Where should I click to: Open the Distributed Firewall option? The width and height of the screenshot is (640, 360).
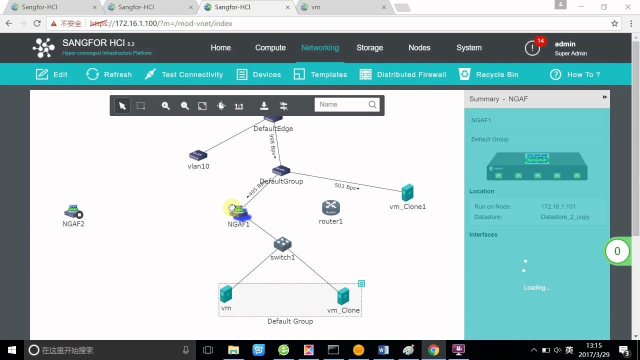403,74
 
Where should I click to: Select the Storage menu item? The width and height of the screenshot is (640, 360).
369,48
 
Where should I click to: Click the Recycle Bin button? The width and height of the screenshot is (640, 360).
488,74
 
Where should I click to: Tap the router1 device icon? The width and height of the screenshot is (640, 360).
330,207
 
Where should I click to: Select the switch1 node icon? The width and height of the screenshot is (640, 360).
282,244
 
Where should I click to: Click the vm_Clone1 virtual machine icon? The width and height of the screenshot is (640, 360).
407,192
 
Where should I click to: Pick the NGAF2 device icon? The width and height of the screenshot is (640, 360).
73,211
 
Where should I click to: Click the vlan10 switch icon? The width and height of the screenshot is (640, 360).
198,155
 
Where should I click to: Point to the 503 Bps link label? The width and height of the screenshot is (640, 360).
346,186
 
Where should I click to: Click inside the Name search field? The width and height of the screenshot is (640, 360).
342,104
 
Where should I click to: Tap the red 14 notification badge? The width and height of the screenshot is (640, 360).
540,41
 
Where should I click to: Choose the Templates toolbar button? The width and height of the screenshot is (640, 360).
320,74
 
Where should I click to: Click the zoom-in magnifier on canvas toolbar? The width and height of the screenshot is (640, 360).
165,106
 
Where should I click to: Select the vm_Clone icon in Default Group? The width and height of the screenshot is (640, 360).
343,296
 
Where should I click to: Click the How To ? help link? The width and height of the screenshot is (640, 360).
575,74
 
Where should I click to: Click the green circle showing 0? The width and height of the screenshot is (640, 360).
617,251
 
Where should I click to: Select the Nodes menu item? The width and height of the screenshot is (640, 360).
419,48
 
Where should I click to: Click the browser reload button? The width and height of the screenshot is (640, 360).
37,23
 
